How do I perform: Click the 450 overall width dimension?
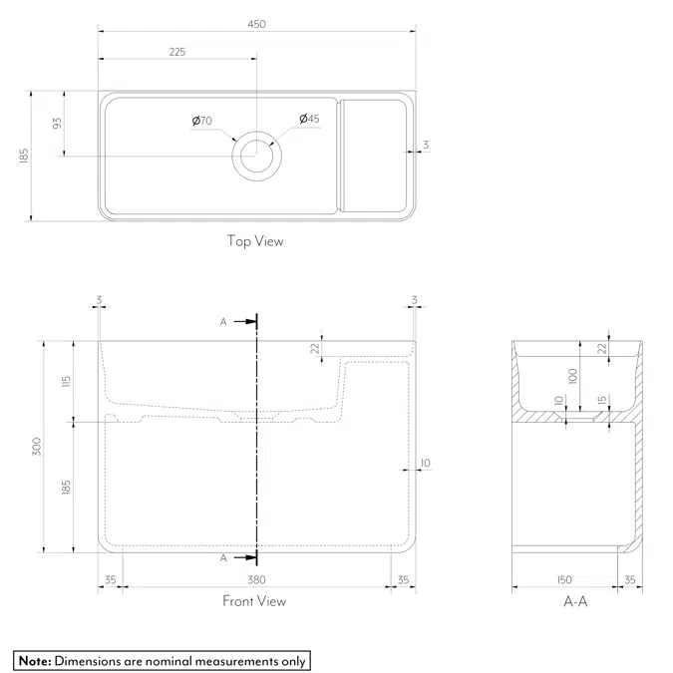[x=257, y=24]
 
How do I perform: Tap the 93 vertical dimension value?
[x=58, y=124]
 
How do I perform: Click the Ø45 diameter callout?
[x=309, y=120]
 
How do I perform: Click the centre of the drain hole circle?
[x=257, y=157]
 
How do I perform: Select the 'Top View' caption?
[x=255, y=240]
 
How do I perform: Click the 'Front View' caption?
[x=254, y=601]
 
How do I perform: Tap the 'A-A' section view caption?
[x=575, y=601]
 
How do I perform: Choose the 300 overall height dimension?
[x=37, y=447]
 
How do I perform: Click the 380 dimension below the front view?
[x=255, y=578]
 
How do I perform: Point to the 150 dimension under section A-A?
[x=564, y=578]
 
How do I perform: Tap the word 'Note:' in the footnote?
[x=34, y=660]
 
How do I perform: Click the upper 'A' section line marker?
[x=223, y=321]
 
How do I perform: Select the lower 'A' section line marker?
[x=223, y=558]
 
